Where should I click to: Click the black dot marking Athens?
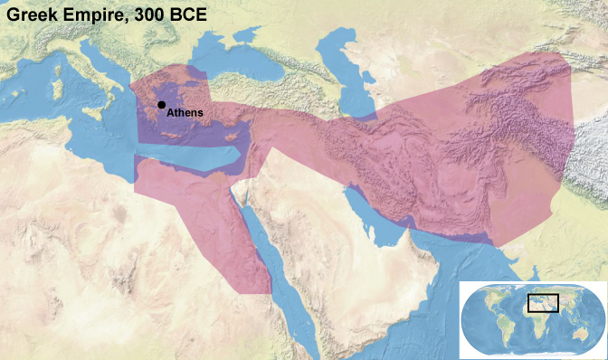point(161,105)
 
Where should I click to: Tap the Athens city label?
point(185,113)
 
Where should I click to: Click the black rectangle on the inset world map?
point(543,302)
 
